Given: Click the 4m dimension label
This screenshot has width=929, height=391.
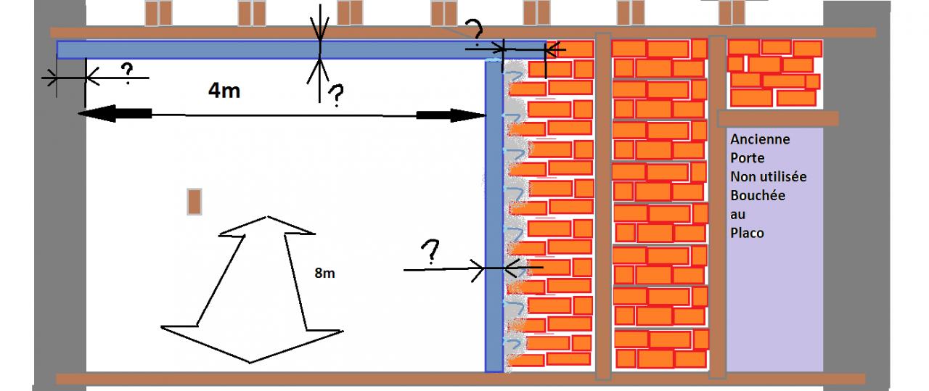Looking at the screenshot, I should pyautogui.click(x=224, y=91).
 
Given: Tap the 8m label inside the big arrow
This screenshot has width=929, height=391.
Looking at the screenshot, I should pyautogui.click(x=325, y=274).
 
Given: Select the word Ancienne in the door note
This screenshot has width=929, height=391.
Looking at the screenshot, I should pyautogui.click(x=760, y=139).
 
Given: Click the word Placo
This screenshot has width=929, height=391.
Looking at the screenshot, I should pyautogui.click(x=748, y=233).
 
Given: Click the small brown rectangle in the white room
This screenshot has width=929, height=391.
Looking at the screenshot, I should pyautogui.click(x=194, y=202).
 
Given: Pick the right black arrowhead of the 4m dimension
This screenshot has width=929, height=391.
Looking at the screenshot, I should pyautogui.click(x=451, y=115).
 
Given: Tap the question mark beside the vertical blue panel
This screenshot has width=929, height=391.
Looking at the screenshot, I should pyautogui.click(x=430, y=251).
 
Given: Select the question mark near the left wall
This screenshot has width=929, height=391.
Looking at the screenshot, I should pyautogui.click(x=126, y=72).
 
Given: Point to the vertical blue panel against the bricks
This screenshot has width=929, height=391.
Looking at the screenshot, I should pyautogui.click(x=494, y=218).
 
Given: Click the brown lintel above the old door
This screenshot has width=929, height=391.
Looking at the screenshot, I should pyautogui.click(x=777, y=118).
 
